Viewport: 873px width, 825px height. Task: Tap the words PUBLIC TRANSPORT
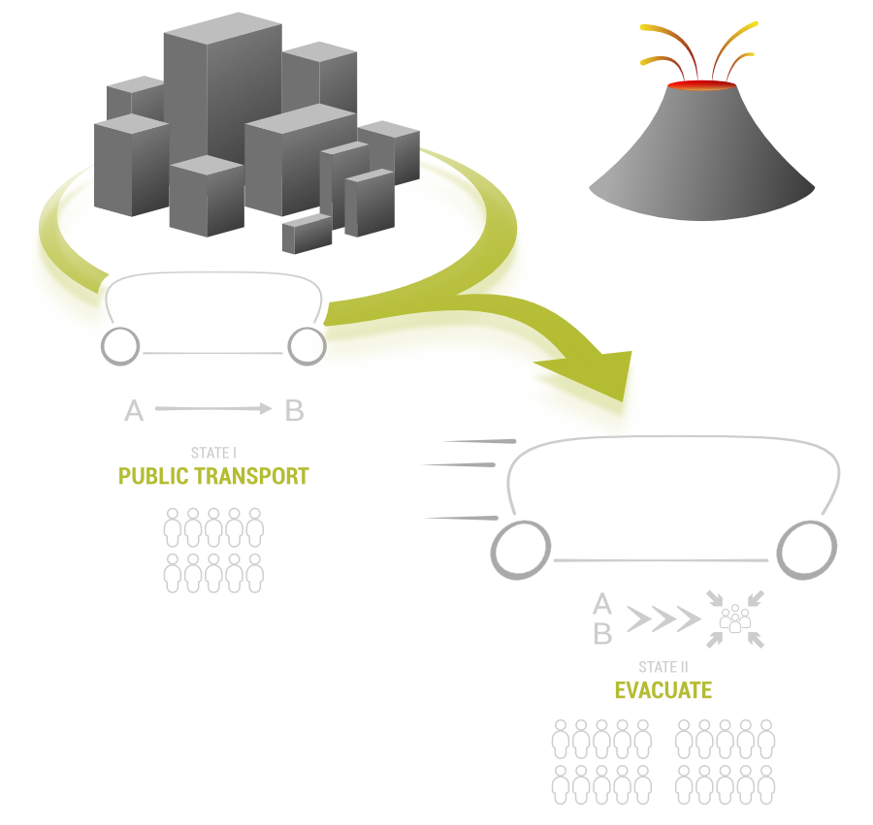point(213,477)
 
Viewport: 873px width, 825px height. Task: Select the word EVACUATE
point(663,690)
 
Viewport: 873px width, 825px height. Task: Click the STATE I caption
point(212,454)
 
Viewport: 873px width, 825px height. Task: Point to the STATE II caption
point(663,668)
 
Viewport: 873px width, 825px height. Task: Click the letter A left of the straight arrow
point(134,412)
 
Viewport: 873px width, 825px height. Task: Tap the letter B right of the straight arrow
point(294,411)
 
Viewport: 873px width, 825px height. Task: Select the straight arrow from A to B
point(213,410)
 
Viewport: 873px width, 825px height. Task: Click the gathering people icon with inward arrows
point(735,619)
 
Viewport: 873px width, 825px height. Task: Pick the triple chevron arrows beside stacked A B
point(663,619)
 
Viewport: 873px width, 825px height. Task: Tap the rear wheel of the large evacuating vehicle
point(521,551)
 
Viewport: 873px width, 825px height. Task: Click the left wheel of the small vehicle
point(120,346)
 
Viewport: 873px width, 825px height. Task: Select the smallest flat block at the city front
point(307,234)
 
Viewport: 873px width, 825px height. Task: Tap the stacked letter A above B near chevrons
point(602,606)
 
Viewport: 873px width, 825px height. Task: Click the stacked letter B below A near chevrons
point(602,635)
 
